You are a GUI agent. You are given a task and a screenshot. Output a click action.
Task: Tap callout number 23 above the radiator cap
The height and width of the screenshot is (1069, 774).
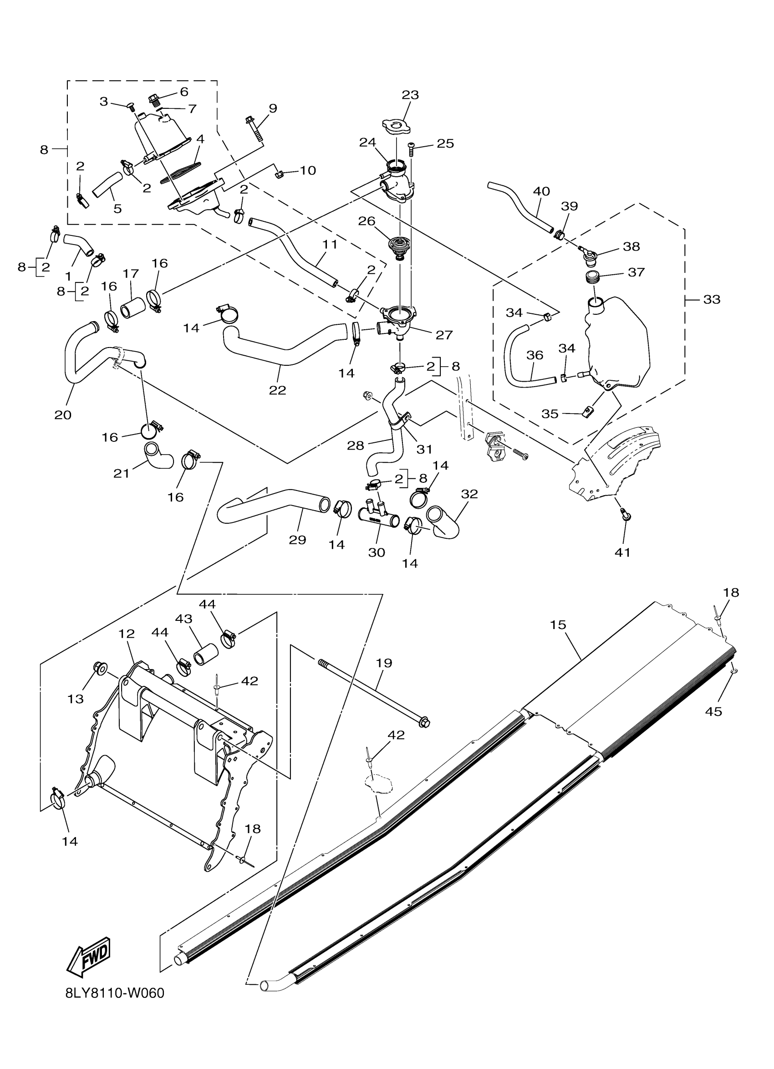tap(410, 95)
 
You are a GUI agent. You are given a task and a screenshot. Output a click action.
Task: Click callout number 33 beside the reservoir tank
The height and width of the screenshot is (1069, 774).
tap(711, 299)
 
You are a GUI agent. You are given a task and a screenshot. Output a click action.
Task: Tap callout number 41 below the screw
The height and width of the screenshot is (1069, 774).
tap(622, 552)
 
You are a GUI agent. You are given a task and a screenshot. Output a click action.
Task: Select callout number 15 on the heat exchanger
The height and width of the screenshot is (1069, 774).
tap(558, 624)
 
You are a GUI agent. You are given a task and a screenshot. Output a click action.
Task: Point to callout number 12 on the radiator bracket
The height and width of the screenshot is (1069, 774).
tap(127, 634)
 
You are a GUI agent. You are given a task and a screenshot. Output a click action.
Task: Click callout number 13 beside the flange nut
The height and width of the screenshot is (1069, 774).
tap(76, 699)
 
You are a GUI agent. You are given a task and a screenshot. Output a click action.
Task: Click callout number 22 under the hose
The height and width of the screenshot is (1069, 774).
tap(277, 390)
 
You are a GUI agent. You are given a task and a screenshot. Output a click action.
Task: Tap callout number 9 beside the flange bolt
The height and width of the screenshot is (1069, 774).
tap(273, 108)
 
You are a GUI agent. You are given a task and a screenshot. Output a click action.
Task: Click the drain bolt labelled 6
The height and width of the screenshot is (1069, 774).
tap(153, 99)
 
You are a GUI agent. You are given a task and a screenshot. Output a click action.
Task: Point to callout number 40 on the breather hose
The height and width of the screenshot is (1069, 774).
tap(541, 191)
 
